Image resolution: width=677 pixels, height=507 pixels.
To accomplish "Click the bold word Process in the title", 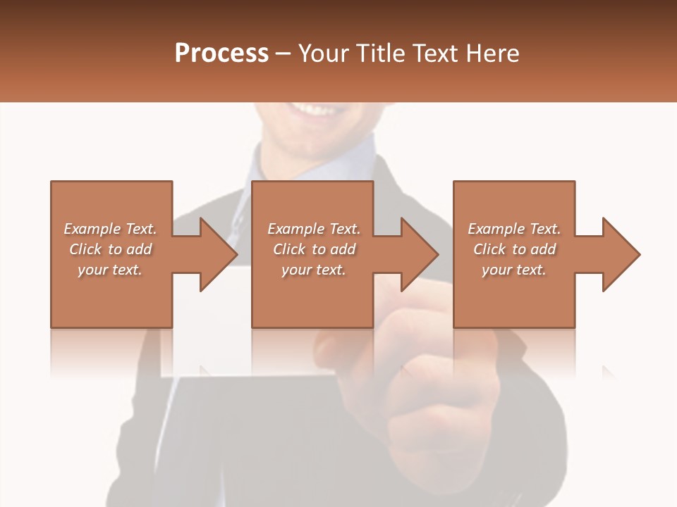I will point(221,54).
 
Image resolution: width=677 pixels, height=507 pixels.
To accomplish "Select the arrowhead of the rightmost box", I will point(621,254).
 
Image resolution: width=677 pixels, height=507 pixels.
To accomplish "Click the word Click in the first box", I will point(85,249).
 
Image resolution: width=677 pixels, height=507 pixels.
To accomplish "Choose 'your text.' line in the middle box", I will point(314,270).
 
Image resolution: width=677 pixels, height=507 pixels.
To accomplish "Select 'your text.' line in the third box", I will point(514,270).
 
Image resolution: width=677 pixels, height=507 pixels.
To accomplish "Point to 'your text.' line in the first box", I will point(110,270).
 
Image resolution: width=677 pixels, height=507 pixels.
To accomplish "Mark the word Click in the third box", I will point(489,249).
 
